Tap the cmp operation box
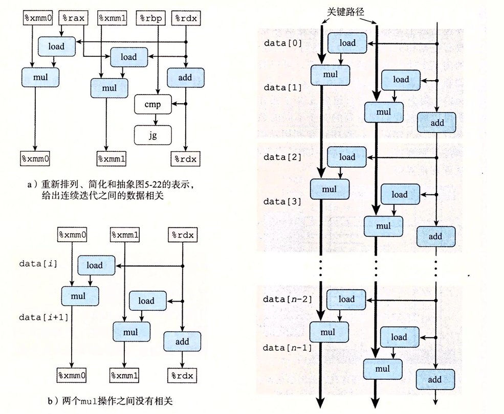pos(152,105)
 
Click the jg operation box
pos(152,135)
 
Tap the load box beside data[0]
pos(347,43)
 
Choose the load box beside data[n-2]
pos(346,299)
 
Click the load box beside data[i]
pos(95,265)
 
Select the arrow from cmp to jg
pos(152,120)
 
